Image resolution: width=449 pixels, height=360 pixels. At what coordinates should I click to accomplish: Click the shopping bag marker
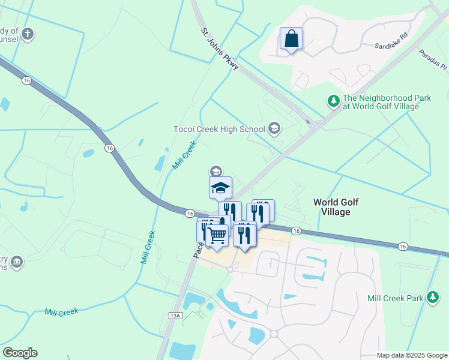coord(291,39)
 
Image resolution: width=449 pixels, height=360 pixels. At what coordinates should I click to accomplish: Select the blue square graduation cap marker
coord(220,188)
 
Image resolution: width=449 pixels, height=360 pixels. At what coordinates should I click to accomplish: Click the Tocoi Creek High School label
coord(218,129)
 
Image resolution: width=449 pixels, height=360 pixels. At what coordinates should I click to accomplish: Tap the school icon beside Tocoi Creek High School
coord(274,128)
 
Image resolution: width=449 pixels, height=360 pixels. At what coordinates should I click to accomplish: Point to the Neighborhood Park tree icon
coord(333,101)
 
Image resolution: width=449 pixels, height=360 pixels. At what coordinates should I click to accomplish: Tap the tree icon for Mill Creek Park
coord(432,297)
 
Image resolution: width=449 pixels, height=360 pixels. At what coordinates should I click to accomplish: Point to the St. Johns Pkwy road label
coord(220,50)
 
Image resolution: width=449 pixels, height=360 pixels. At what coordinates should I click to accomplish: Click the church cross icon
coord(27,35)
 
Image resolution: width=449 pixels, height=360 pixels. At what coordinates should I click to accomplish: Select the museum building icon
coord(16,262)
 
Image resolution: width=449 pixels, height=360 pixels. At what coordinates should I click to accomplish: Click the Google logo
coord(20,352)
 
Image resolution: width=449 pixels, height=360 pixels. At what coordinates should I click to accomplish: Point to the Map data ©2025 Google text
coord(411,355)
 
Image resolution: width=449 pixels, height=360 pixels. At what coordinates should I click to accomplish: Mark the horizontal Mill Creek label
coord(61,312)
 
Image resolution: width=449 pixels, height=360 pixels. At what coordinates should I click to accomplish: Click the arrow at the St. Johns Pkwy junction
coord(313,124)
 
